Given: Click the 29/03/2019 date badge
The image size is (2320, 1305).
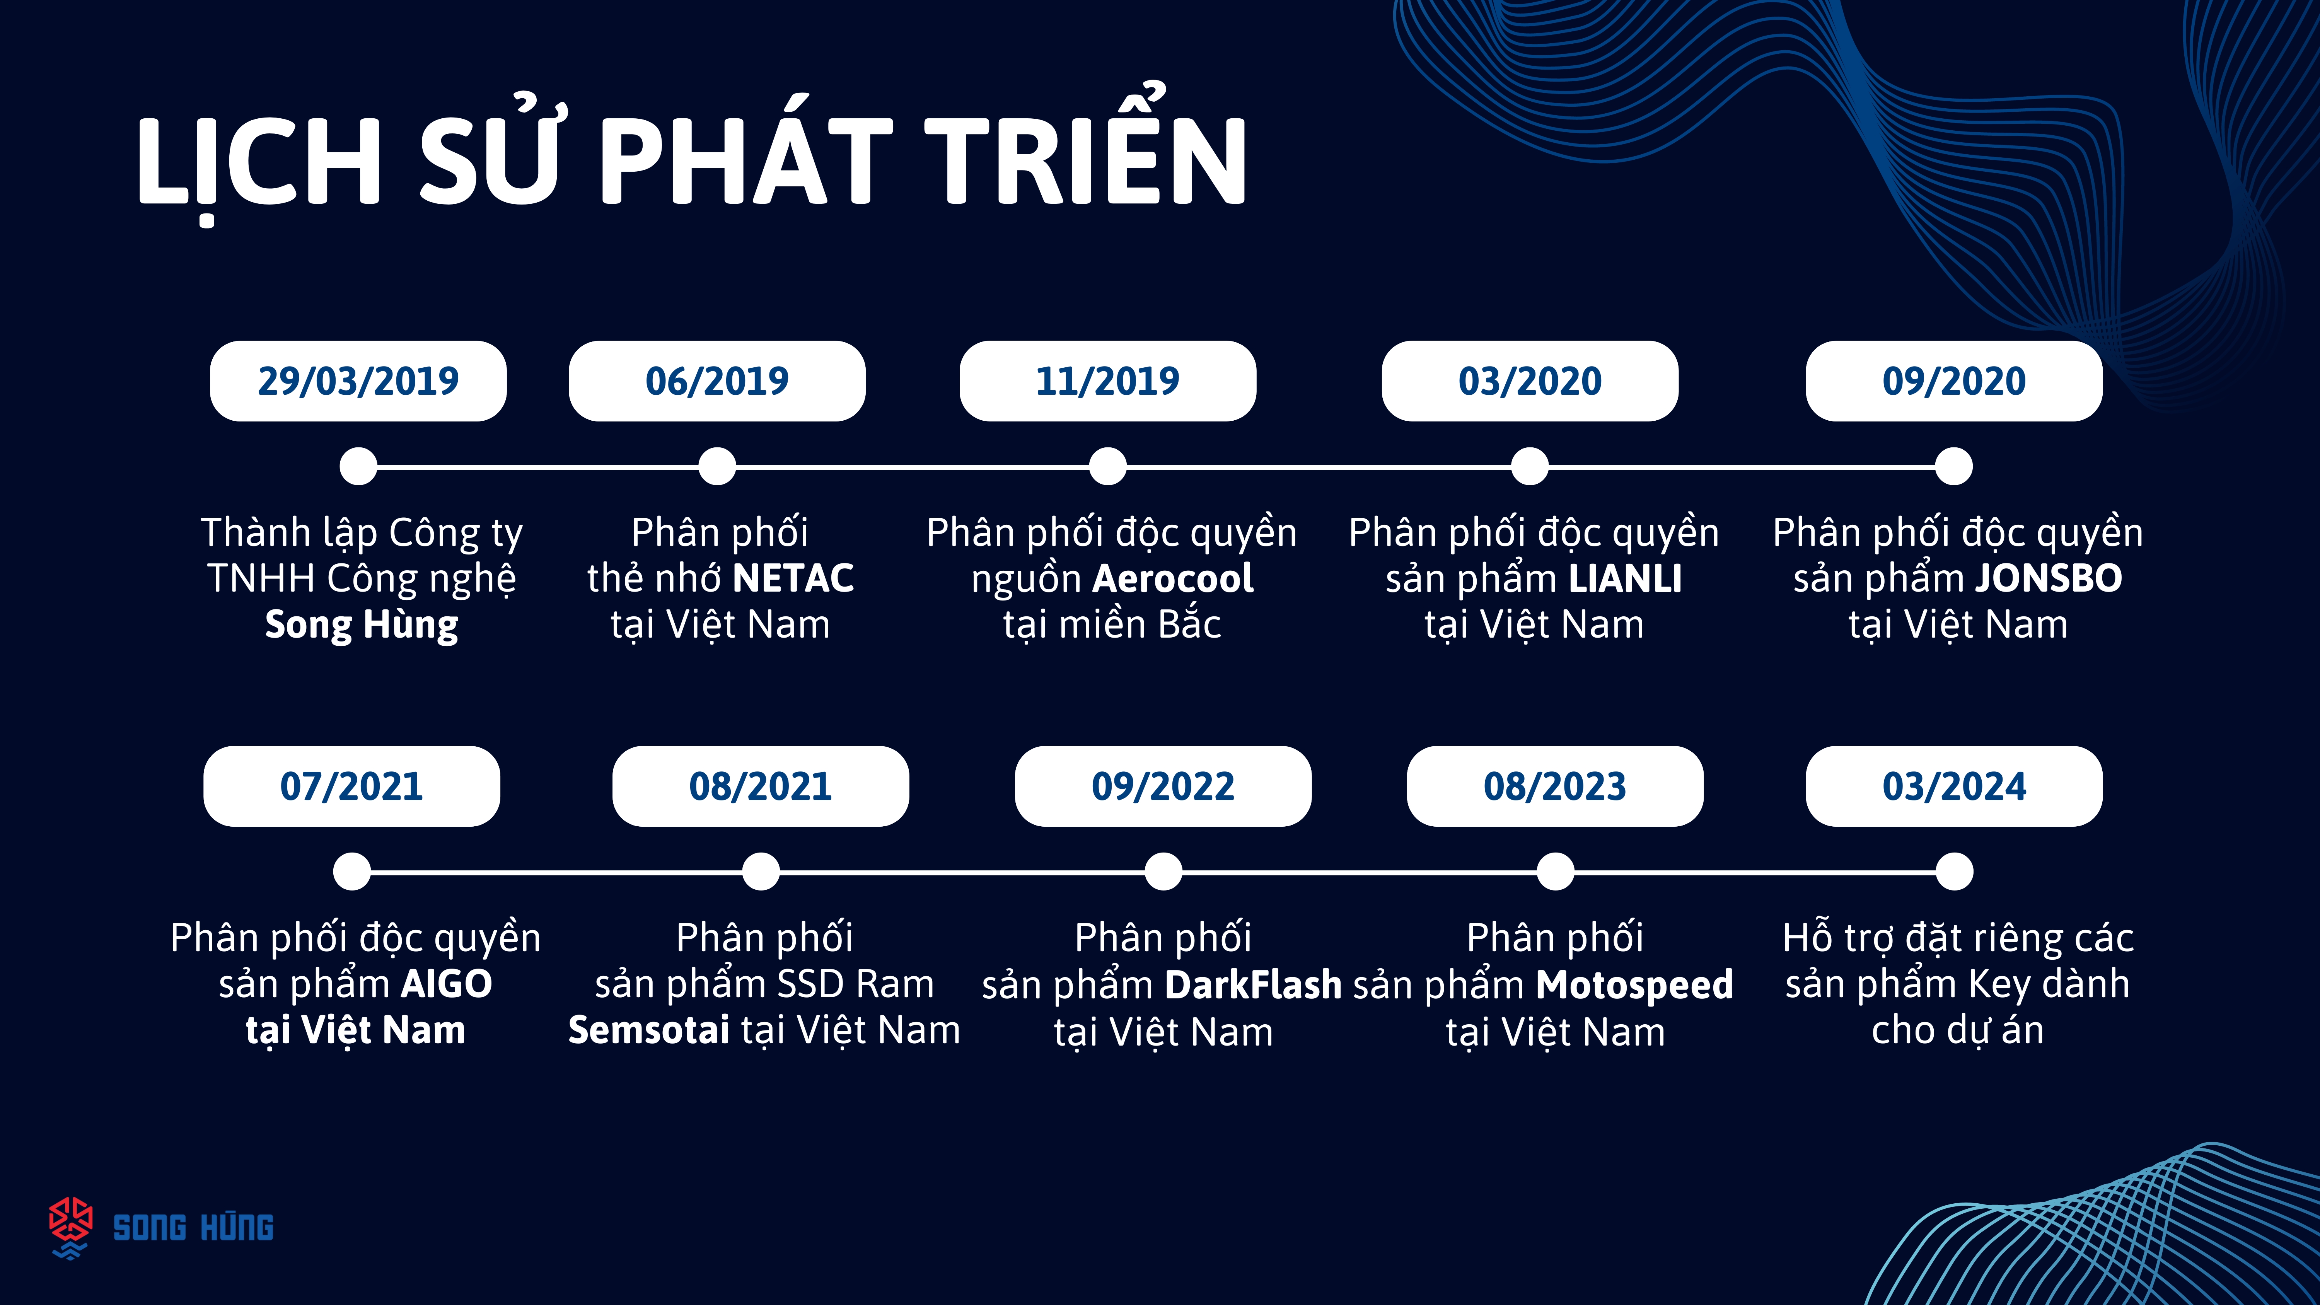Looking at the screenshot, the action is (358, 381).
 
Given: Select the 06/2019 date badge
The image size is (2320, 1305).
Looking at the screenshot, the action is (717, 381).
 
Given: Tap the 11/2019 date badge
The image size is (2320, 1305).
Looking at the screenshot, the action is (1108, 381).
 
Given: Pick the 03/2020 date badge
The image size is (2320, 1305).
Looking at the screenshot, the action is (1530, 381).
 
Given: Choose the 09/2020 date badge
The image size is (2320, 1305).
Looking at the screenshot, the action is (1954, 381).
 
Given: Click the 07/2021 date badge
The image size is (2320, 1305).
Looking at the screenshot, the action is (351, 786).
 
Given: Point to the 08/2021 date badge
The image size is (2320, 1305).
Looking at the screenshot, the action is (761, 786).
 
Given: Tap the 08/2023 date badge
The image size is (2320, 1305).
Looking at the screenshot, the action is (1556, 786).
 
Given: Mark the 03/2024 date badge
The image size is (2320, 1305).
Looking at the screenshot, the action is (1954, 786).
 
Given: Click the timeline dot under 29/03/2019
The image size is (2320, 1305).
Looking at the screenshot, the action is (358, 467).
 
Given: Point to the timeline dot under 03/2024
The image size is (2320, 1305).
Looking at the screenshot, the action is (1954, 872).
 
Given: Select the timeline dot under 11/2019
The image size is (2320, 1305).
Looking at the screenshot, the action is (1108, 467).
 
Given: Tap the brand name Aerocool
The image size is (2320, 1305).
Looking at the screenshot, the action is (1173, 578).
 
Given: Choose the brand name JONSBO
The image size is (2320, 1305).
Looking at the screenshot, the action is (2049, 578).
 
